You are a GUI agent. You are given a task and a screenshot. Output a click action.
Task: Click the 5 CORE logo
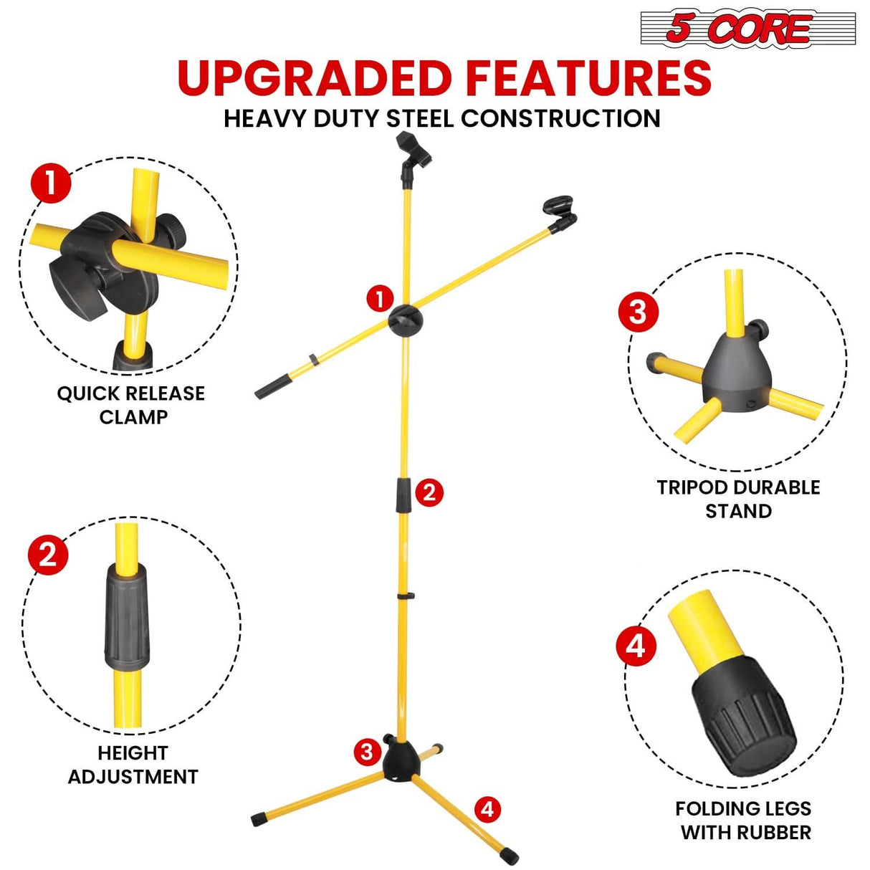[747, 29]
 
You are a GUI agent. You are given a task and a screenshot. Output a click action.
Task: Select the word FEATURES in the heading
[588, 78]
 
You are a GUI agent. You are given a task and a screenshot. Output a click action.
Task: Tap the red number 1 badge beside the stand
[380, 298]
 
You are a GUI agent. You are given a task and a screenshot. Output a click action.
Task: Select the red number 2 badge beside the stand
[429, 492]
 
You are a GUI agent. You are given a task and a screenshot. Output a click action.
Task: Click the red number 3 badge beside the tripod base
[367, 752]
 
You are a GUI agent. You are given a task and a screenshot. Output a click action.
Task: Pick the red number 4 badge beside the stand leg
[487, 810]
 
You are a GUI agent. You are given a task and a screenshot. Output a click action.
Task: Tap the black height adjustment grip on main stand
[404, 494]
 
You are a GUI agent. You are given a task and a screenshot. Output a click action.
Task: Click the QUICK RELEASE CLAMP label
[131, 405]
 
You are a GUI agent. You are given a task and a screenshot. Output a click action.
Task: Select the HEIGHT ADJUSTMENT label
[133, 765]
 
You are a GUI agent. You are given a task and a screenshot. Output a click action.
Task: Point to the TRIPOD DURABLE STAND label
[738, 499]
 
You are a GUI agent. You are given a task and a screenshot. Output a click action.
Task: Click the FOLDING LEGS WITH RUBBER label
[744, 821]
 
